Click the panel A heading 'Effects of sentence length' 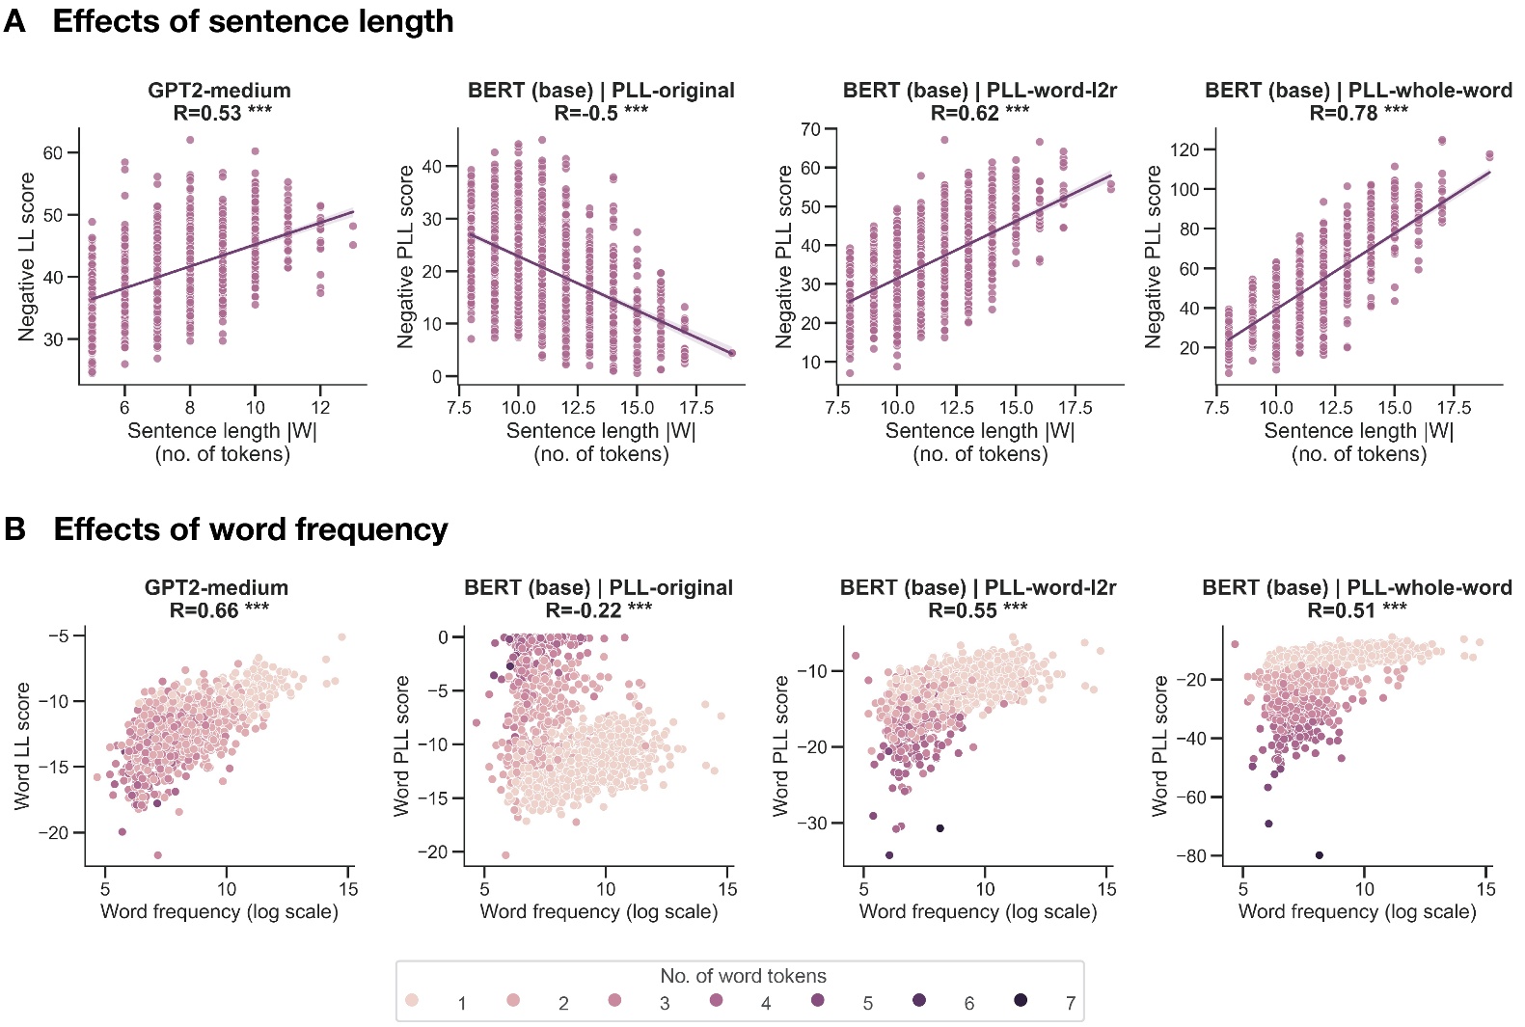(x=253, y=21)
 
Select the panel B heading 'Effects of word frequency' (x=251, y=529)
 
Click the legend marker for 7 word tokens (x=1021, y=1000)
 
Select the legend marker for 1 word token (x=412, y=1000)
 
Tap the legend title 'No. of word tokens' (x=743, y=976)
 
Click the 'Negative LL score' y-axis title (x=26, y=257)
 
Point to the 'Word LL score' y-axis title (x=22, y=745)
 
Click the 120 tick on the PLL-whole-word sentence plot (x=1184, y=149)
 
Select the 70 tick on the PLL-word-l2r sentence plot (x=810, y=129)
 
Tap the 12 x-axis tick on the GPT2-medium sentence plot (x=320, y=407)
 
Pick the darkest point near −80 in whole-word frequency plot (x=1319, y=855)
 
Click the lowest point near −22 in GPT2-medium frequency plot (x=158, y=855)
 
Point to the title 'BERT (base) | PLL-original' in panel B (x=598, y=587)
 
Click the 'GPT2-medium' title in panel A (x=219, y=90)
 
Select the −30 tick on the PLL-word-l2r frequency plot (x=817, y=823)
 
